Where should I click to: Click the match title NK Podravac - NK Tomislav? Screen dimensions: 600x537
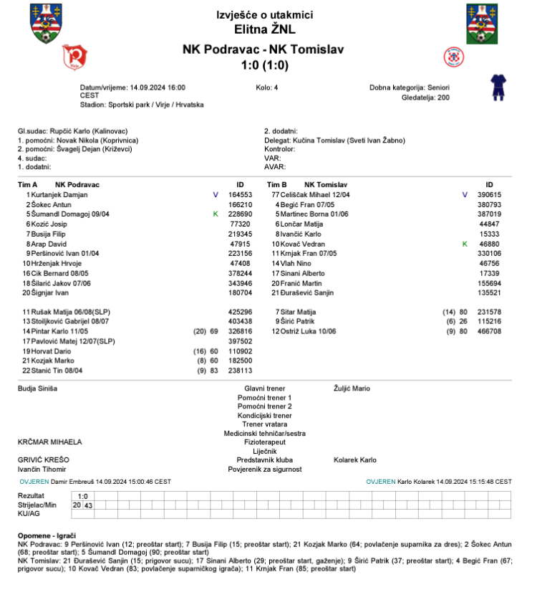click(263, 49)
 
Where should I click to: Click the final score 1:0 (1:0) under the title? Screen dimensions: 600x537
click(264, 66)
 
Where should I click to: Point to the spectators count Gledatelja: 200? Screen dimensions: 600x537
click(426, 97)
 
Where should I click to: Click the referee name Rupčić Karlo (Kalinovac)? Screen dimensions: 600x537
click(81, 132)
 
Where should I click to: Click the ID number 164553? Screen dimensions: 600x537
click(240, 195)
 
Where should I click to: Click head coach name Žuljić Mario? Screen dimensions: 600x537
click(352, 389)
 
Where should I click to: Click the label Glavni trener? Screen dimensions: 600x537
click(264, 389)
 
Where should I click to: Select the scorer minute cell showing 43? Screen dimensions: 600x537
click(88, 505)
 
